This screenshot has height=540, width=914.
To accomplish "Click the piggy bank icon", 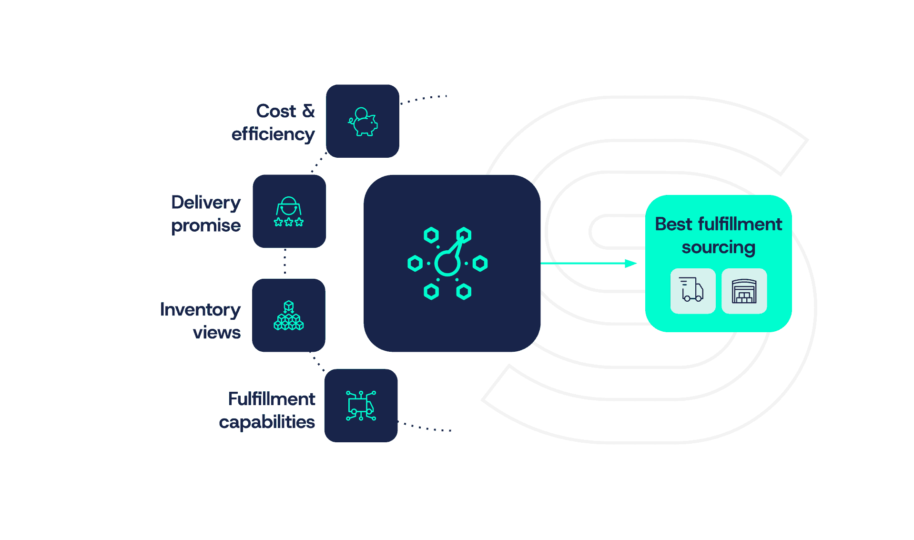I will [363, 122].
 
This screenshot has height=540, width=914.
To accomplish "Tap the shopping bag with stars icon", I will [289, 212].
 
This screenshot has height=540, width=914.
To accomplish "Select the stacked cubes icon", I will [289, 316].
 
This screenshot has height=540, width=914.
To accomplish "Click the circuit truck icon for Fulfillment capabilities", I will [361, 406].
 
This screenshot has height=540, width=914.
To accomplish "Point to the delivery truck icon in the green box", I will [692, 290].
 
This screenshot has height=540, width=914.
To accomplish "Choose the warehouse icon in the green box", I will [744, 291].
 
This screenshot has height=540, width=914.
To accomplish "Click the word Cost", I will [276, 111].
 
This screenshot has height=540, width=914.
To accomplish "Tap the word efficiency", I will [273, 134].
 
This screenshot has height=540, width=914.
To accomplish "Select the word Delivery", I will [206, 203].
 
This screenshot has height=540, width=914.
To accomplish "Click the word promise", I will [206, 226].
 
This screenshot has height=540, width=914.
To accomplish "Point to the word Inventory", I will [200, 310].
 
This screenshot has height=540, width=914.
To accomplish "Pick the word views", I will [217, 332].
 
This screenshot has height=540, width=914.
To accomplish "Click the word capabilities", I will [267, 422].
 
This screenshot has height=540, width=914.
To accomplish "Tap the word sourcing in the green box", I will [718, 248].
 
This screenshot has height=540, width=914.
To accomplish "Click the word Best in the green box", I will [673, 224].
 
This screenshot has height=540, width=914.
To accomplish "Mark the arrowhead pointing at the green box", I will [631, 263].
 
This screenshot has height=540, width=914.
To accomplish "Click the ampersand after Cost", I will [309, 111].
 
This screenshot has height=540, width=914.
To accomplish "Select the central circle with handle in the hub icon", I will [447, 263].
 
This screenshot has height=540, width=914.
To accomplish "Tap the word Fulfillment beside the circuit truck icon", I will [272, 399].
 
